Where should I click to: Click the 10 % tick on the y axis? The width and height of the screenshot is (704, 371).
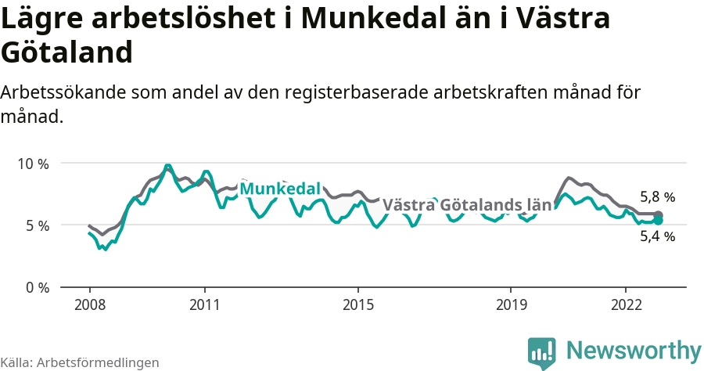pos(32,164)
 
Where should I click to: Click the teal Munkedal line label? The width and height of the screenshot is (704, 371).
pos(280,189)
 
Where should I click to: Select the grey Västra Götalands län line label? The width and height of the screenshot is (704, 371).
pos(467,205)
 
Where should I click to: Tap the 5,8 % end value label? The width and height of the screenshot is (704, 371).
pos(657,197)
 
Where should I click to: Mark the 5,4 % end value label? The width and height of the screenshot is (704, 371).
pos(657,236)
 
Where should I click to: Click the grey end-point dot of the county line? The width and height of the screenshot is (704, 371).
pos(659,214)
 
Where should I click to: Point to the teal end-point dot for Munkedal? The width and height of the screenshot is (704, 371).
pos(659,221)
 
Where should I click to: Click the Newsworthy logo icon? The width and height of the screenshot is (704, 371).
pos(542,352)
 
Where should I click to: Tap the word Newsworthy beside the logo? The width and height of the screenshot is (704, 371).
pos(634,351)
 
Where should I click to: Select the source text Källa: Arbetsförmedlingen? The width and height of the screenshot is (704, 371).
pos(80,362)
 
